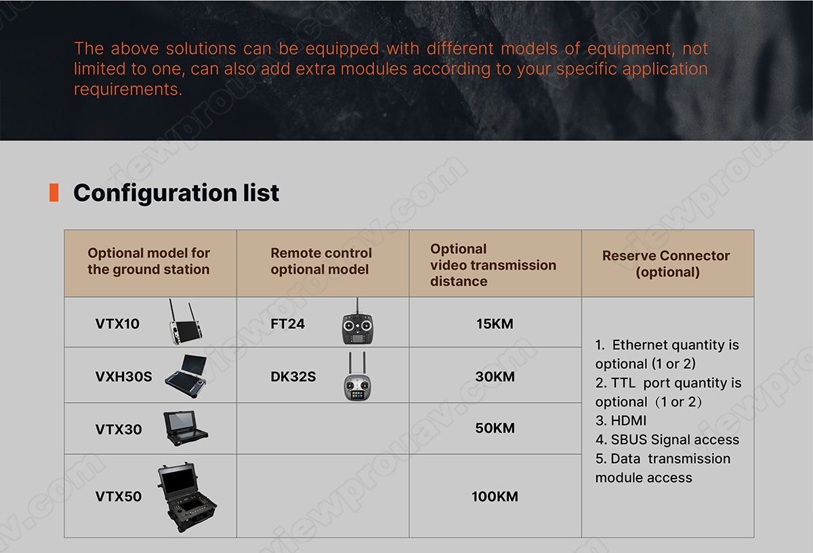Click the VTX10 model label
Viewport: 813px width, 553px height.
click(x=117, y=324)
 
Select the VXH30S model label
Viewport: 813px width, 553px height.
click(x=124, y=376)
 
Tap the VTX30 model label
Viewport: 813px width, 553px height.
click(x=119, y=429)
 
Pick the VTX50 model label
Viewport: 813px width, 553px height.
click(x=119, y=496)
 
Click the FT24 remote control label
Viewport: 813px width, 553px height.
click(x=287, y=324)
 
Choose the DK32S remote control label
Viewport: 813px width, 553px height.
click(x=293, y=376)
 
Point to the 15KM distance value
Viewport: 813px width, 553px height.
click(x=495, y=324)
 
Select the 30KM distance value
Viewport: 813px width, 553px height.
click(x=495, y=376)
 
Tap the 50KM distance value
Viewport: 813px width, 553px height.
click(x=495, y=428)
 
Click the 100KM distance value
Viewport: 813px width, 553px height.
click(x=495, y=496)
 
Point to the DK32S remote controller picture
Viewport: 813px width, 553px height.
click(x=358, y=376)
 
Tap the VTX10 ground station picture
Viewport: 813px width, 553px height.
click(x=186, y=322)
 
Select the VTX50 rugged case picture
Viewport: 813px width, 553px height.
click(x=186, y=497)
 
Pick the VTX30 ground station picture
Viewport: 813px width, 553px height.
click(x=185, y=428)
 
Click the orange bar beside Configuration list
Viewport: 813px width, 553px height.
click(x=54, y=192)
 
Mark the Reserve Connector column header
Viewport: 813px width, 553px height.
click(x=667, y=263)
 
